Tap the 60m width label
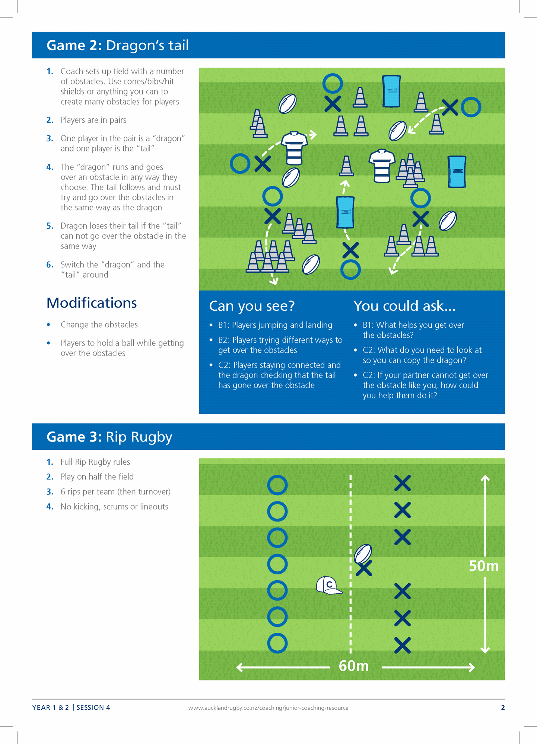click(x=353, y=666)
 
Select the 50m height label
click(x=483, y=566)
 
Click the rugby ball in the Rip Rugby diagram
click(x=363, y=554)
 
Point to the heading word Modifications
click(x=92, y=303)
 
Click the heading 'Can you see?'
click(x=252, y=306)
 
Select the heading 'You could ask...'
click(x=404, y=306)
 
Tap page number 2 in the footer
click(x=503, y=708)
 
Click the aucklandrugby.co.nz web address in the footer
click(x=268, y=708)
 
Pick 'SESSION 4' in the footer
click(x=93, y=708)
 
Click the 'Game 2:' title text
click(x=74, y=45)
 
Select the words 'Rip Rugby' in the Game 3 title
click(x=139, y=437)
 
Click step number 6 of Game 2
click(x=50, y=264)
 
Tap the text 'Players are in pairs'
click(x=93, y=120)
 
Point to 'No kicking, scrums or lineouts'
click(x=114, y=507)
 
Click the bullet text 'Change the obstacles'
click(x=99, y=325)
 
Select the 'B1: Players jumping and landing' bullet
click(x=275, y=325)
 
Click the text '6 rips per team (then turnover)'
click(x=115, y=492)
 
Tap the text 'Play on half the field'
click(x=97, y=477)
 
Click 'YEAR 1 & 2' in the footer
click(x=51, y=708)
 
